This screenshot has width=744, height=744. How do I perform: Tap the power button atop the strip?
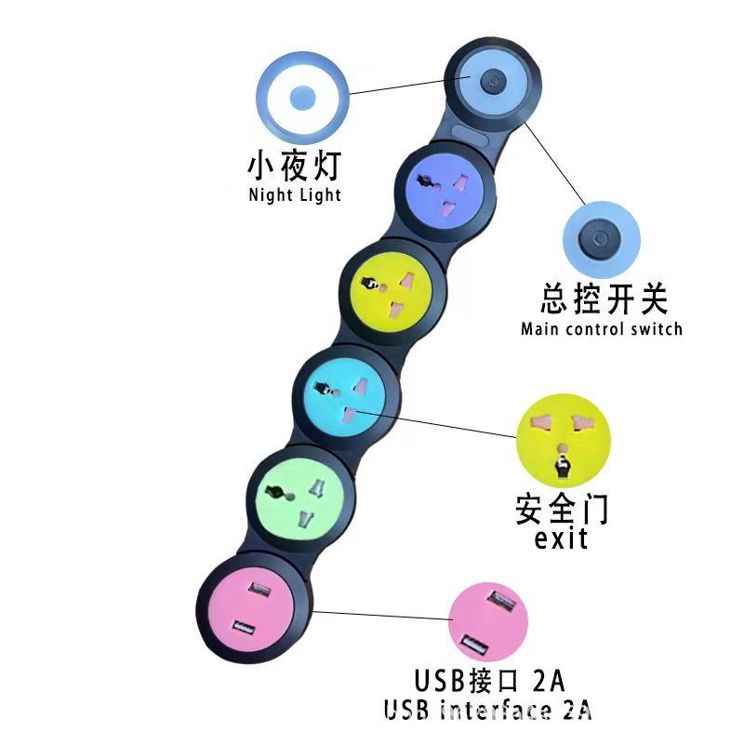(492, 81)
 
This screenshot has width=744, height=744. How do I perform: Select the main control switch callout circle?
(602, 240)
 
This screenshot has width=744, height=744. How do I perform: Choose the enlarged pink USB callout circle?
(488, 622)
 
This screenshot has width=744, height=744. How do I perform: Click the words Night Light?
(295, 195)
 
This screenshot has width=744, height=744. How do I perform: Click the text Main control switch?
(601, 328)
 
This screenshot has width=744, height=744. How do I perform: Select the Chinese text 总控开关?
(604, 299)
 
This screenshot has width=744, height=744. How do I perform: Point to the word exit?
(562, 538)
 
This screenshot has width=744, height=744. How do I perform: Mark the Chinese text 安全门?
(562, 509)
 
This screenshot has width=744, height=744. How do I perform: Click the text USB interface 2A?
(488, 710)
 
